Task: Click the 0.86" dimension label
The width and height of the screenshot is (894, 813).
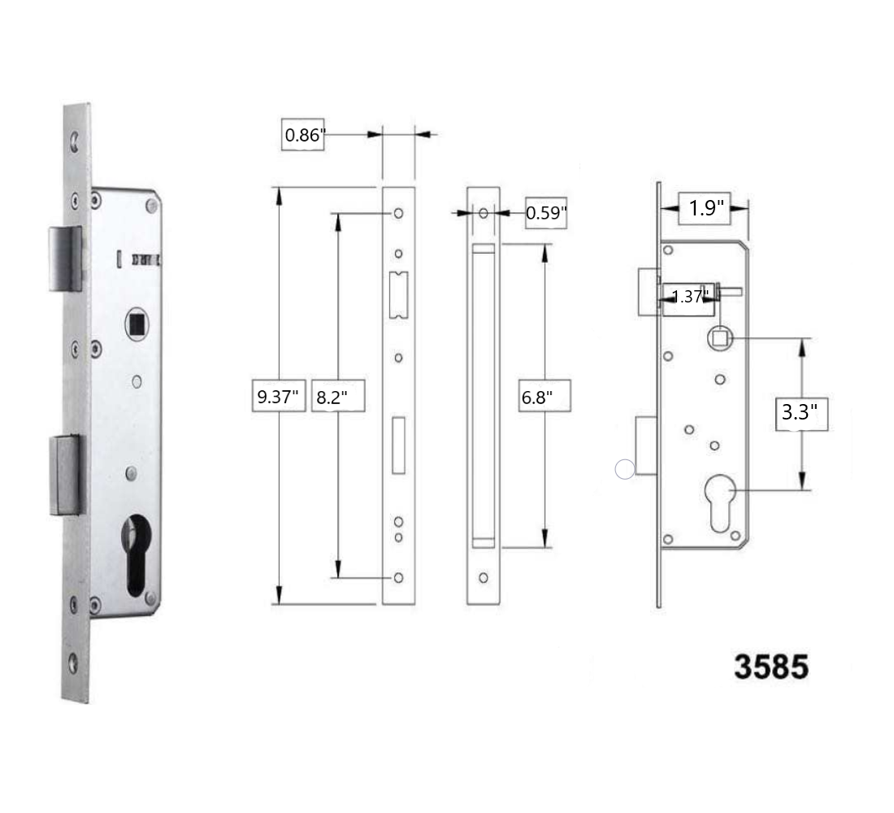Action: (304, 135)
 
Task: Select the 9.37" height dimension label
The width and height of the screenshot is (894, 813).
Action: (278, 398)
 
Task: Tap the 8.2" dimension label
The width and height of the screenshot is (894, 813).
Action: (336, 398)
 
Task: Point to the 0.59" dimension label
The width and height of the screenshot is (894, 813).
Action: (546, 214)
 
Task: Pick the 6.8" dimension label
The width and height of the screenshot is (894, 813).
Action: (545, 398)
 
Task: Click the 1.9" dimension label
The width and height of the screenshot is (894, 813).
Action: (705, 208)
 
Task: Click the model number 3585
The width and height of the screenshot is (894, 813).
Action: (771, 667)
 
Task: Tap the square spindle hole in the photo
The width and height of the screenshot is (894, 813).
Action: (137, 325)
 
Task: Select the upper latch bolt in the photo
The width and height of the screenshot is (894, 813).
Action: (65, 259)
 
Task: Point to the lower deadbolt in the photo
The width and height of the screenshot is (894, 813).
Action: (67, 476)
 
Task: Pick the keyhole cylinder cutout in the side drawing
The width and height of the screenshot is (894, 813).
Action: (721, 502)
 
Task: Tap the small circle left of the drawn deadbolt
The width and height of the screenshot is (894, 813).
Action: (624, 469)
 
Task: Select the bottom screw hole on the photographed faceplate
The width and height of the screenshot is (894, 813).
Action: (75, 664)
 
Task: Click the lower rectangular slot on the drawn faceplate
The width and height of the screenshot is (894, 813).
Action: (398, 445)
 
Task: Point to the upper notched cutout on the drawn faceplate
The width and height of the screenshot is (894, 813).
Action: (398, 294)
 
